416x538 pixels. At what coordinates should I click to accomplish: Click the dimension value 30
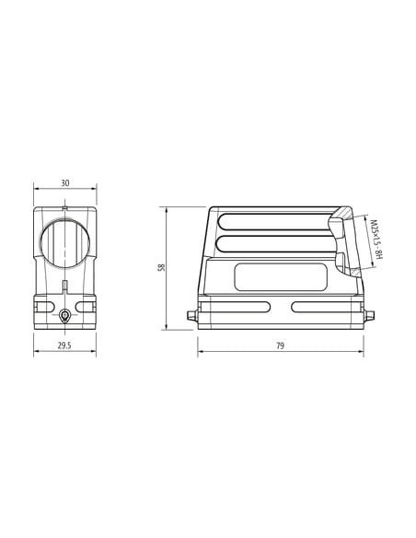tap(64, 183)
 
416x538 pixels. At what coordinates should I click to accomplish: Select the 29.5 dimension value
tap(64, 345)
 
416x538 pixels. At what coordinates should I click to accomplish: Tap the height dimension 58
tap(161, 267)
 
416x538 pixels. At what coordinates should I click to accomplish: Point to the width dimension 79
tap(281, 345)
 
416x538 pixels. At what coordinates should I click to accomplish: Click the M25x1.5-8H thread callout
tap(376, 240)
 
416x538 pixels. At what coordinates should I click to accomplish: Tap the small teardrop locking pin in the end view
tap(64, 316)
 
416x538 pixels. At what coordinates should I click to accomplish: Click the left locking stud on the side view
tap(192, 316)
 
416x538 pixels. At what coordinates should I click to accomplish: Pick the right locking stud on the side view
tap(369, 316)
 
